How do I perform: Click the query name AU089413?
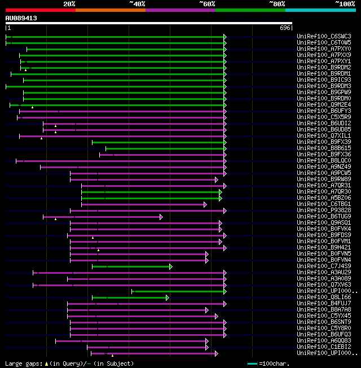pos(21,18)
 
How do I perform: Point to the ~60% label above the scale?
pos(207,3)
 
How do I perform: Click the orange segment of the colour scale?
pos(110,10)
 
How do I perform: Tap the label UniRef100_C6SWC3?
pos(324,37)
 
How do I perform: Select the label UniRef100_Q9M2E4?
pos(324,104)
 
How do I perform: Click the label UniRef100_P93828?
pos(324,211)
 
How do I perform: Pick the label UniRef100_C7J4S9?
pos(324,266)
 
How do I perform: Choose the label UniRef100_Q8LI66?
pos(324,297)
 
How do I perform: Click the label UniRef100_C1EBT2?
pos(324,347)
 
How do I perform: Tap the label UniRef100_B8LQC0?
pos(324,161)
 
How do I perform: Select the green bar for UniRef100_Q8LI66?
pos(130,297)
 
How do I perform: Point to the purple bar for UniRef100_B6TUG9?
pos(102,217)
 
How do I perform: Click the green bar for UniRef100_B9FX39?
pos(159,142)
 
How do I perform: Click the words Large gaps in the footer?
pos(21,363)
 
